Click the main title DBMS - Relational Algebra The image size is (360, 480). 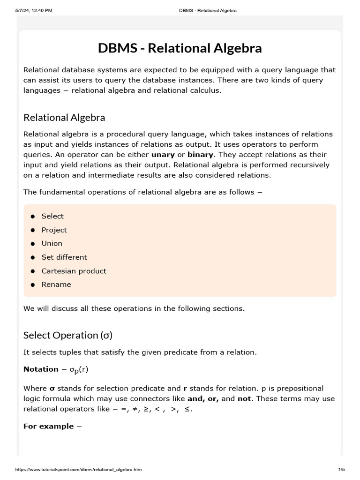tap(180, 48)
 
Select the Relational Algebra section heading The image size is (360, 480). tap(64, 117)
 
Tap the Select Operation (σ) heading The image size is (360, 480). tap(68, 335)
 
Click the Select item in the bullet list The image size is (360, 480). tap(52, 216)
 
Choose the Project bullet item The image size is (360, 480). tap(54, 230)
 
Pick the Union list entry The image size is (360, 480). tap(52, 243)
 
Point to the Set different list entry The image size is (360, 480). tap(64, 257)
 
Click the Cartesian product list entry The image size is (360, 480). tap(74, 271)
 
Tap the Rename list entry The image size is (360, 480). tap(56, 285)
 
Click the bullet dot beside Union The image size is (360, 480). tap(33, 244)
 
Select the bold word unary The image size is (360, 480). tap(163, 155)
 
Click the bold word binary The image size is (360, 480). tap(200, 155)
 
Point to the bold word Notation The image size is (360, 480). tap(41, 369)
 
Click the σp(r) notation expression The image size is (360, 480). tap(79, 369)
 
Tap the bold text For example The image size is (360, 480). tap(48, 426)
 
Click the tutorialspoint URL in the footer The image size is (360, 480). tap(79, 469)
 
